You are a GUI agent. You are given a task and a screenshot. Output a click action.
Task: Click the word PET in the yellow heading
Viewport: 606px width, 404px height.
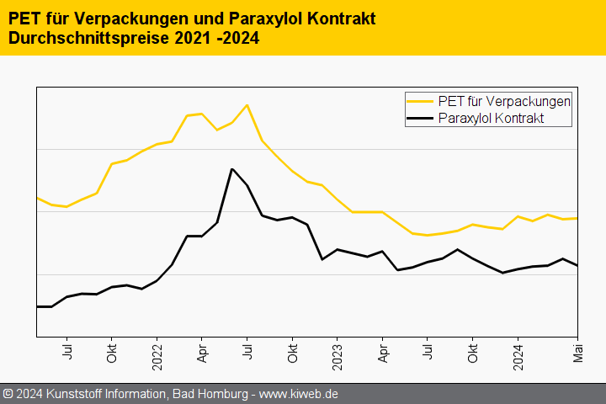[x=25, y=19]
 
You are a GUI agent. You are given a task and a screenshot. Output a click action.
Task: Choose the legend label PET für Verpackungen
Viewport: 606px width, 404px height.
[x=505, y=101]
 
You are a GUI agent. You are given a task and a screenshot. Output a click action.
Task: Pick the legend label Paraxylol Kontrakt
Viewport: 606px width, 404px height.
[x=492, y=119]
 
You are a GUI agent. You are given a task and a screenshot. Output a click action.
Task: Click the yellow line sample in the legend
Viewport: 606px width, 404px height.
[x=421, y=101]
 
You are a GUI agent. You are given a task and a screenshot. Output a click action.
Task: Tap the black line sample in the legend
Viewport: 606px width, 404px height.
[x=421, y=119]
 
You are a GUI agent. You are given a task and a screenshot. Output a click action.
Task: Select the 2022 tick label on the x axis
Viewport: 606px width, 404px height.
[x=157, y=352]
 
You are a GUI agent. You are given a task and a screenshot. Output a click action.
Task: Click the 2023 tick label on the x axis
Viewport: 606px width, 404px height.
[x=338, y=352]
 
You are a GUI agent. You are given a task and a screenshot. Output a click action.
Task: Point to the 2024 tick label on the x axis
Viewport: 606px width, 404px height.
[x=518, y=352]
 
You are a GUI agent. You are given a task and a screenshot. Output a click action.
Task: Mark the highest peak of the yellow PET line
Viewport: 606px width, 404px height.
[x=247, y=105]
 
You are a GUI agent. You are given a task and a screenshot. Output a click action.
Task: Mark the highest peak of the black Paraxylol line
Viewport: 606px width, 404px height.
[x=231, y=169]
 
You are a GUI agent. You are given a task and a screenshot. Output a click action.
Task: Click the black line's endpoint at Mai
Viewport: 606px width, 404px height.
[x=577, y=266]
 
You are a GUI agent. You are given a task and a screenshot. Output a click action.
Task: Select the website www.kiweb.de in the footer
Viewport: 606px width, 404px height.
[x=299, y=394]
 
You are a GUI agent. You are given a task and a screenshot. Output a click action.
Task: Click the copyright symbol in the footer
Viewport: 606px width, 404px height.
[x=8, y=394]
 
